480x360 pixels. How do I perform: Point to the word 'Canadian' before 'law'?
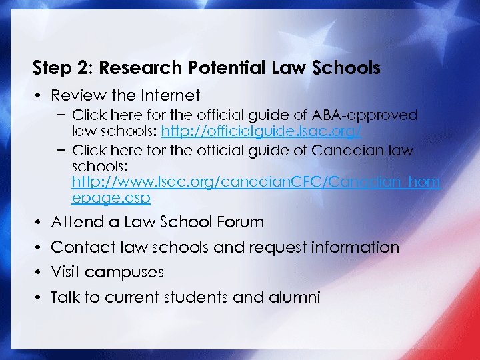(x=351, y=151)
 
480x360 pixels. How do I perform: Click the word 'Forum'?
(x=238, y=222)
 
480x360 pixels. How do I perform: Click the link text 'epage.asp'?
(x=111, y=199)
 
